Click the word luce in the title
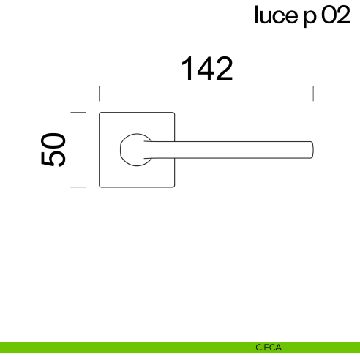coord(276,15)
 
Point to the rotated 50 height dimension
coord(55,150)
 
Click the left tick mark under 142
coord(100,94)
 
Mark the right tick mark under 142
coord(313,94)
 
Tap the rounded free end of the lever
coord(311,149)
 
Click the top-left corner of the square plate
coord(101,113)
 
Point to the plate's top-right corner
coord(173,113)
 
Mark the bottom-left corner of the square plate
coord(101,186)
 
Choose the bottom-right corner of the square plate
coord(173,186)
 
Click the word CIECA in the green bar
coord(269,348)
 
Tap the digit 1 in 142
coord(187,69)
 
